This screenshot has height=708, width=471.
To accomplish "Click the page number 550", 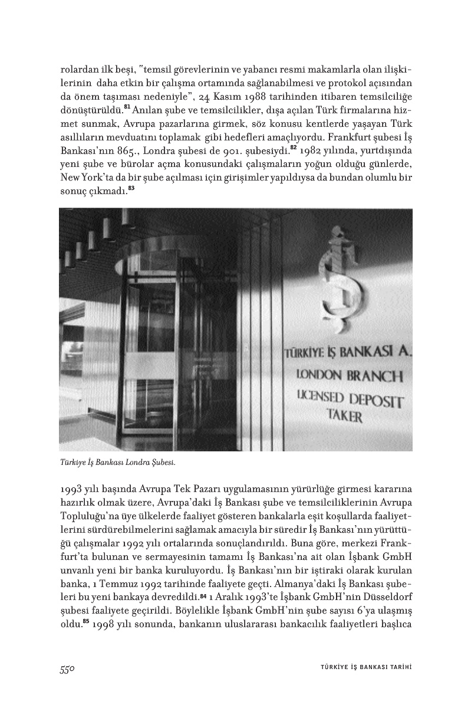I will coord(69,668).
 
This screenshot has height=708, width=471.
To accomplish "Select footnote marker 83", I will coord(131,189).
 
